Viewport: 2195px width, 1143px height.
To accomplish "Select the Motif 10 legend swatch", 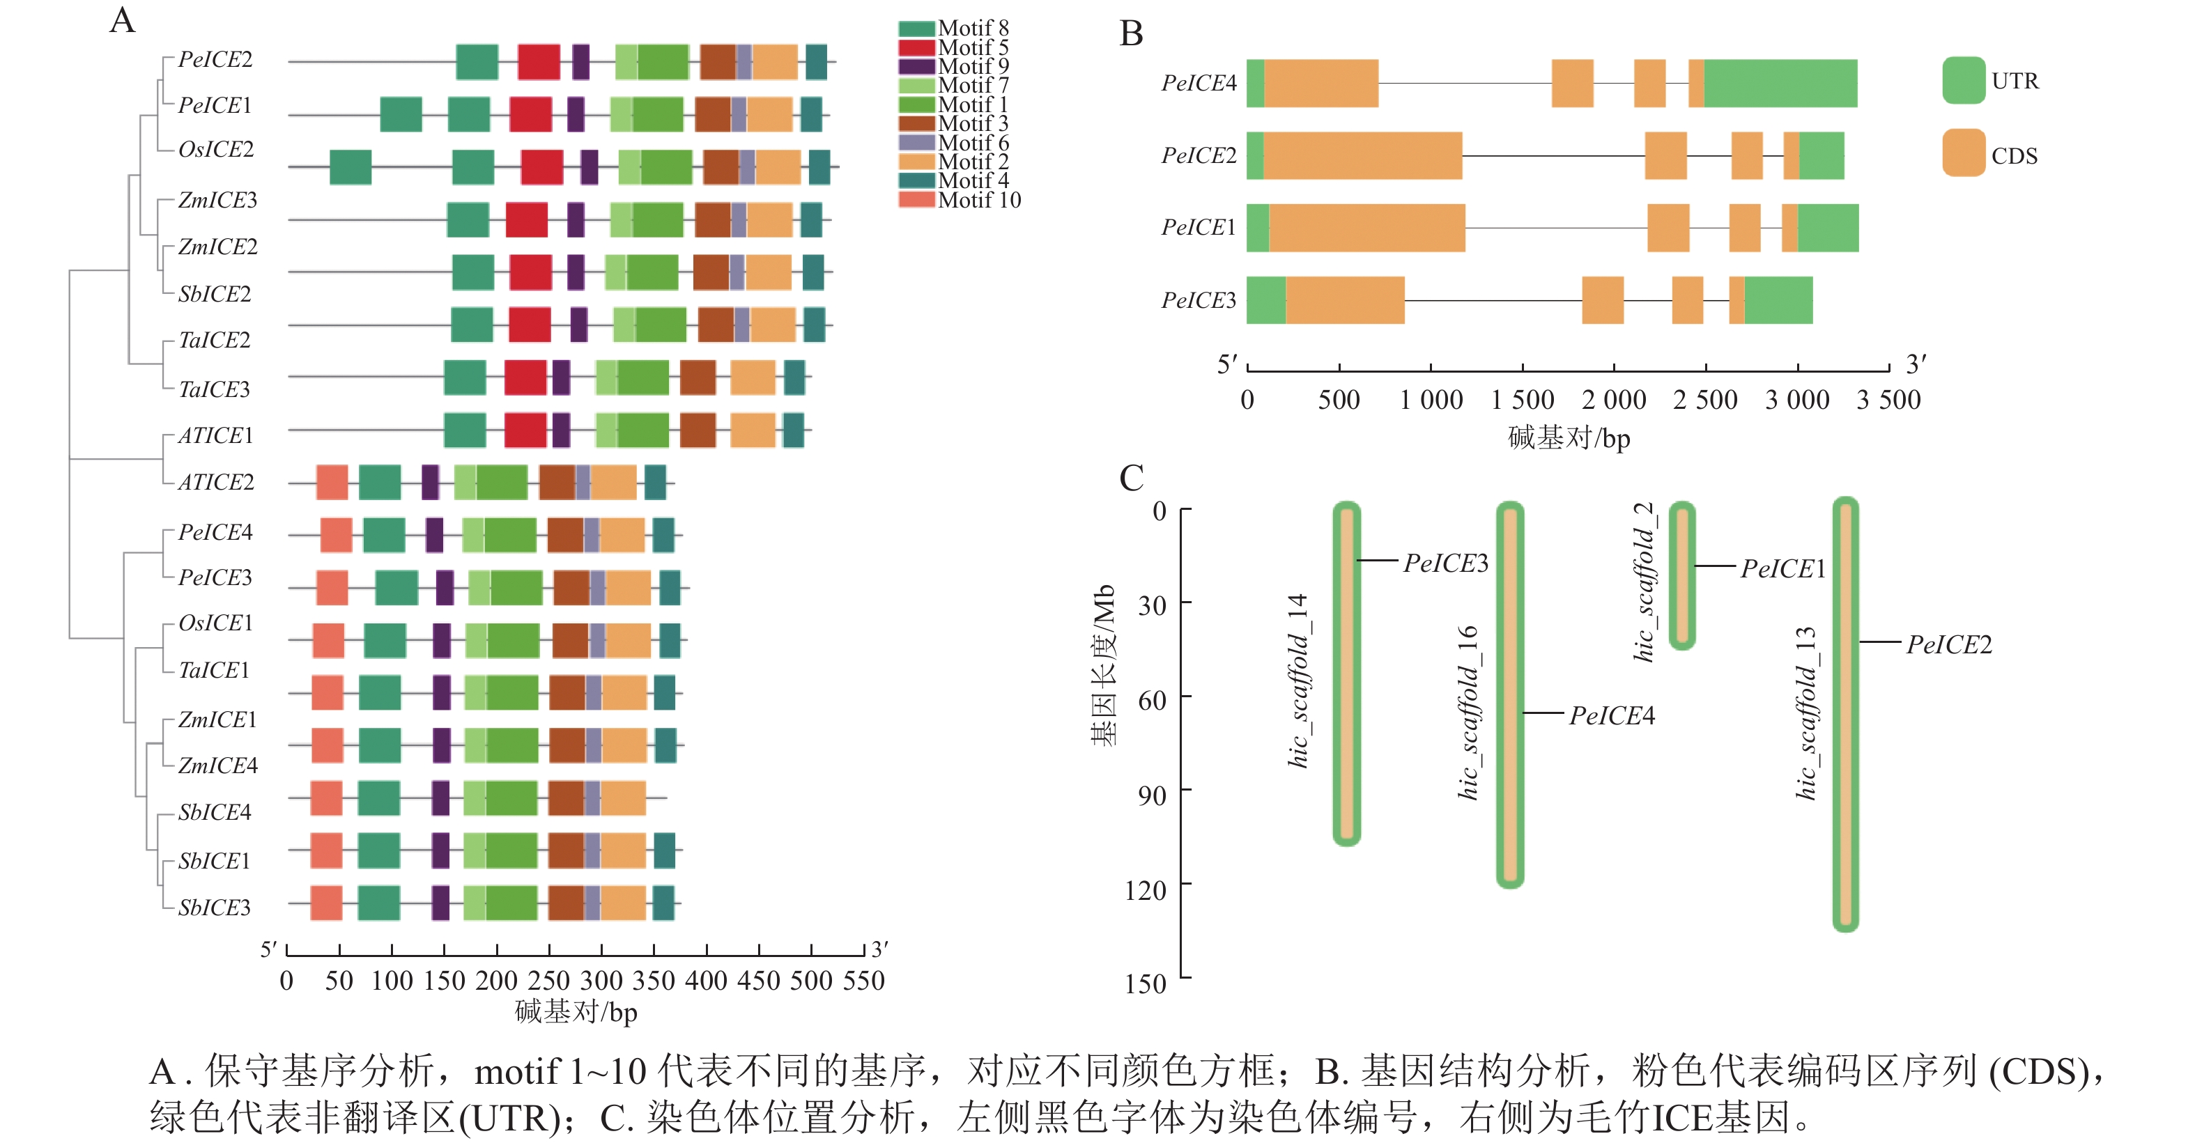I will tap(916, 200).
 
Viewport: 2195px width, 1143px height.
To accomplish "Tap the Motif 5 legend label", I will tap(973, 47).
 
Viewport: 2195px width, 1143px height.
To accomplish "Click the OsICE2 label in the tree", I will tap(215, 149).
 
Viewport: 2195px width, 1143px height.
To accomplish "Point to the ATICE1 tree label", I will tap(215, 435).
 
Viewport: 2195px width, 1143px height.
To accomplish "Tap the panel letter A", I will tap(123, 20).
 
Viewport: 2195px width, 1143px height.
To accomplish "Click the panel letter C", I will tap(1131, 478).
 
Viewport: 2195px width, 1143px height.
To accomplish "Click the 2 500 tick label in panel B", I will tap(1705, 399).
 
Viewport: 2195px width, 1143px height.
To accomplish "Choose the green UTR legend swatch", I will tap(1963, 81).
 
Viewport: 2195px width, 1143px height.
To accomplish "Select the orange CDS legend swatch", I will tap(1963, 153).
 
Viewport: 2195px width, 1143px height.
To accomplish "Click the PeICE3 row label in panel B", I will tap(1198, 301).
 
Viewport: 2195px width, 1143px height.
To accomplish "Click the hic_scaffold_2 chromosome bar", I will tap(1681, 575).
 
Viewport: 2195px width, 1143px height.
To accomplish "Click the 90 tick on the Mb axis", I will tap(1152, 795).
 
